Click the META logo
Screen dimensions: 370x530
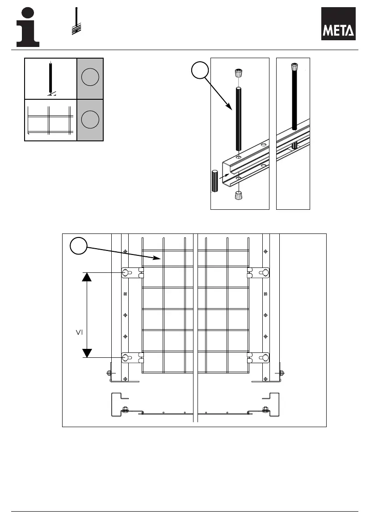coord(339,24)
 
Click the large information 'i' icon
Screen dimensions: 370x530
coord(28,27)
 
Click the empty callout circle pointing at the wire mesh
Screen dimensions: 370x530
coord(79,246)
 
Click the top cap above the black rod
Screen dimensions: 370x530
coord(239,73)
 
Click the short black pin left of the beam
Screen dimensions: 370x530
coord(214,181)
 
